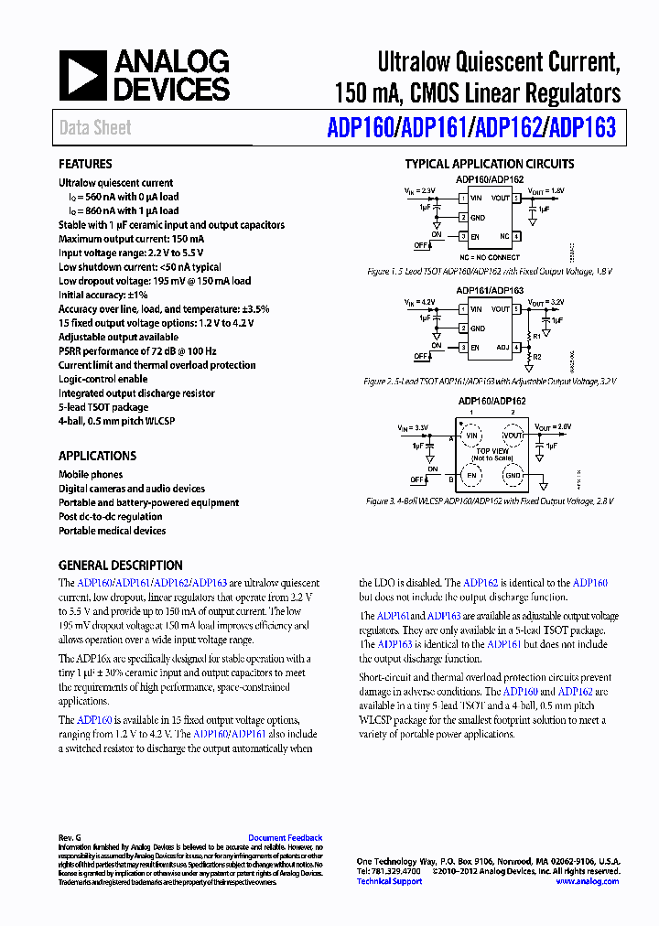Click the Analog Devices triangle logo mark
[82, 76]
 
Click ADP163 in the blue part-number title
[580, 128]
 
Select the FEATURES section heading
[85, 165]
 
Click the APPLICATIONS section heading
[97, 456]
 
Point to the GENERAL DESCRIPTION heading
[121, 565]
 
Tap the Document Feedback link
[286, 837]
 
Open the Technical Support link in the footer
[389, 881]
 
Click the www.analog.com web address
[587, 881]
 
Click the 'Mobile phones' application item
[92, 475]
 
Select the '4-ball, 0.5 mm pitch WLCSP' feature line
[116, 421]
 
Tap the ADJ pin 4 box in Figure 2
[516, 348]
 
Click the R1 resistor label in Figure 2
[537, 336]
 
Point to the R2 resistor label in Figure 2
[537, 357]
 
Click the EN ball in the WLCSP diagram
[472, 477]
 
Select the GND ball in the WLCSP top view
[513, 477]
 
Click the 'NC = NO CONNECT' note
[490, 258]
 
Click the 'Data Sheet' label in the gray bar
[95, 128]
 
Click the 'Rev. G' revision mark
[70, 837]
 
